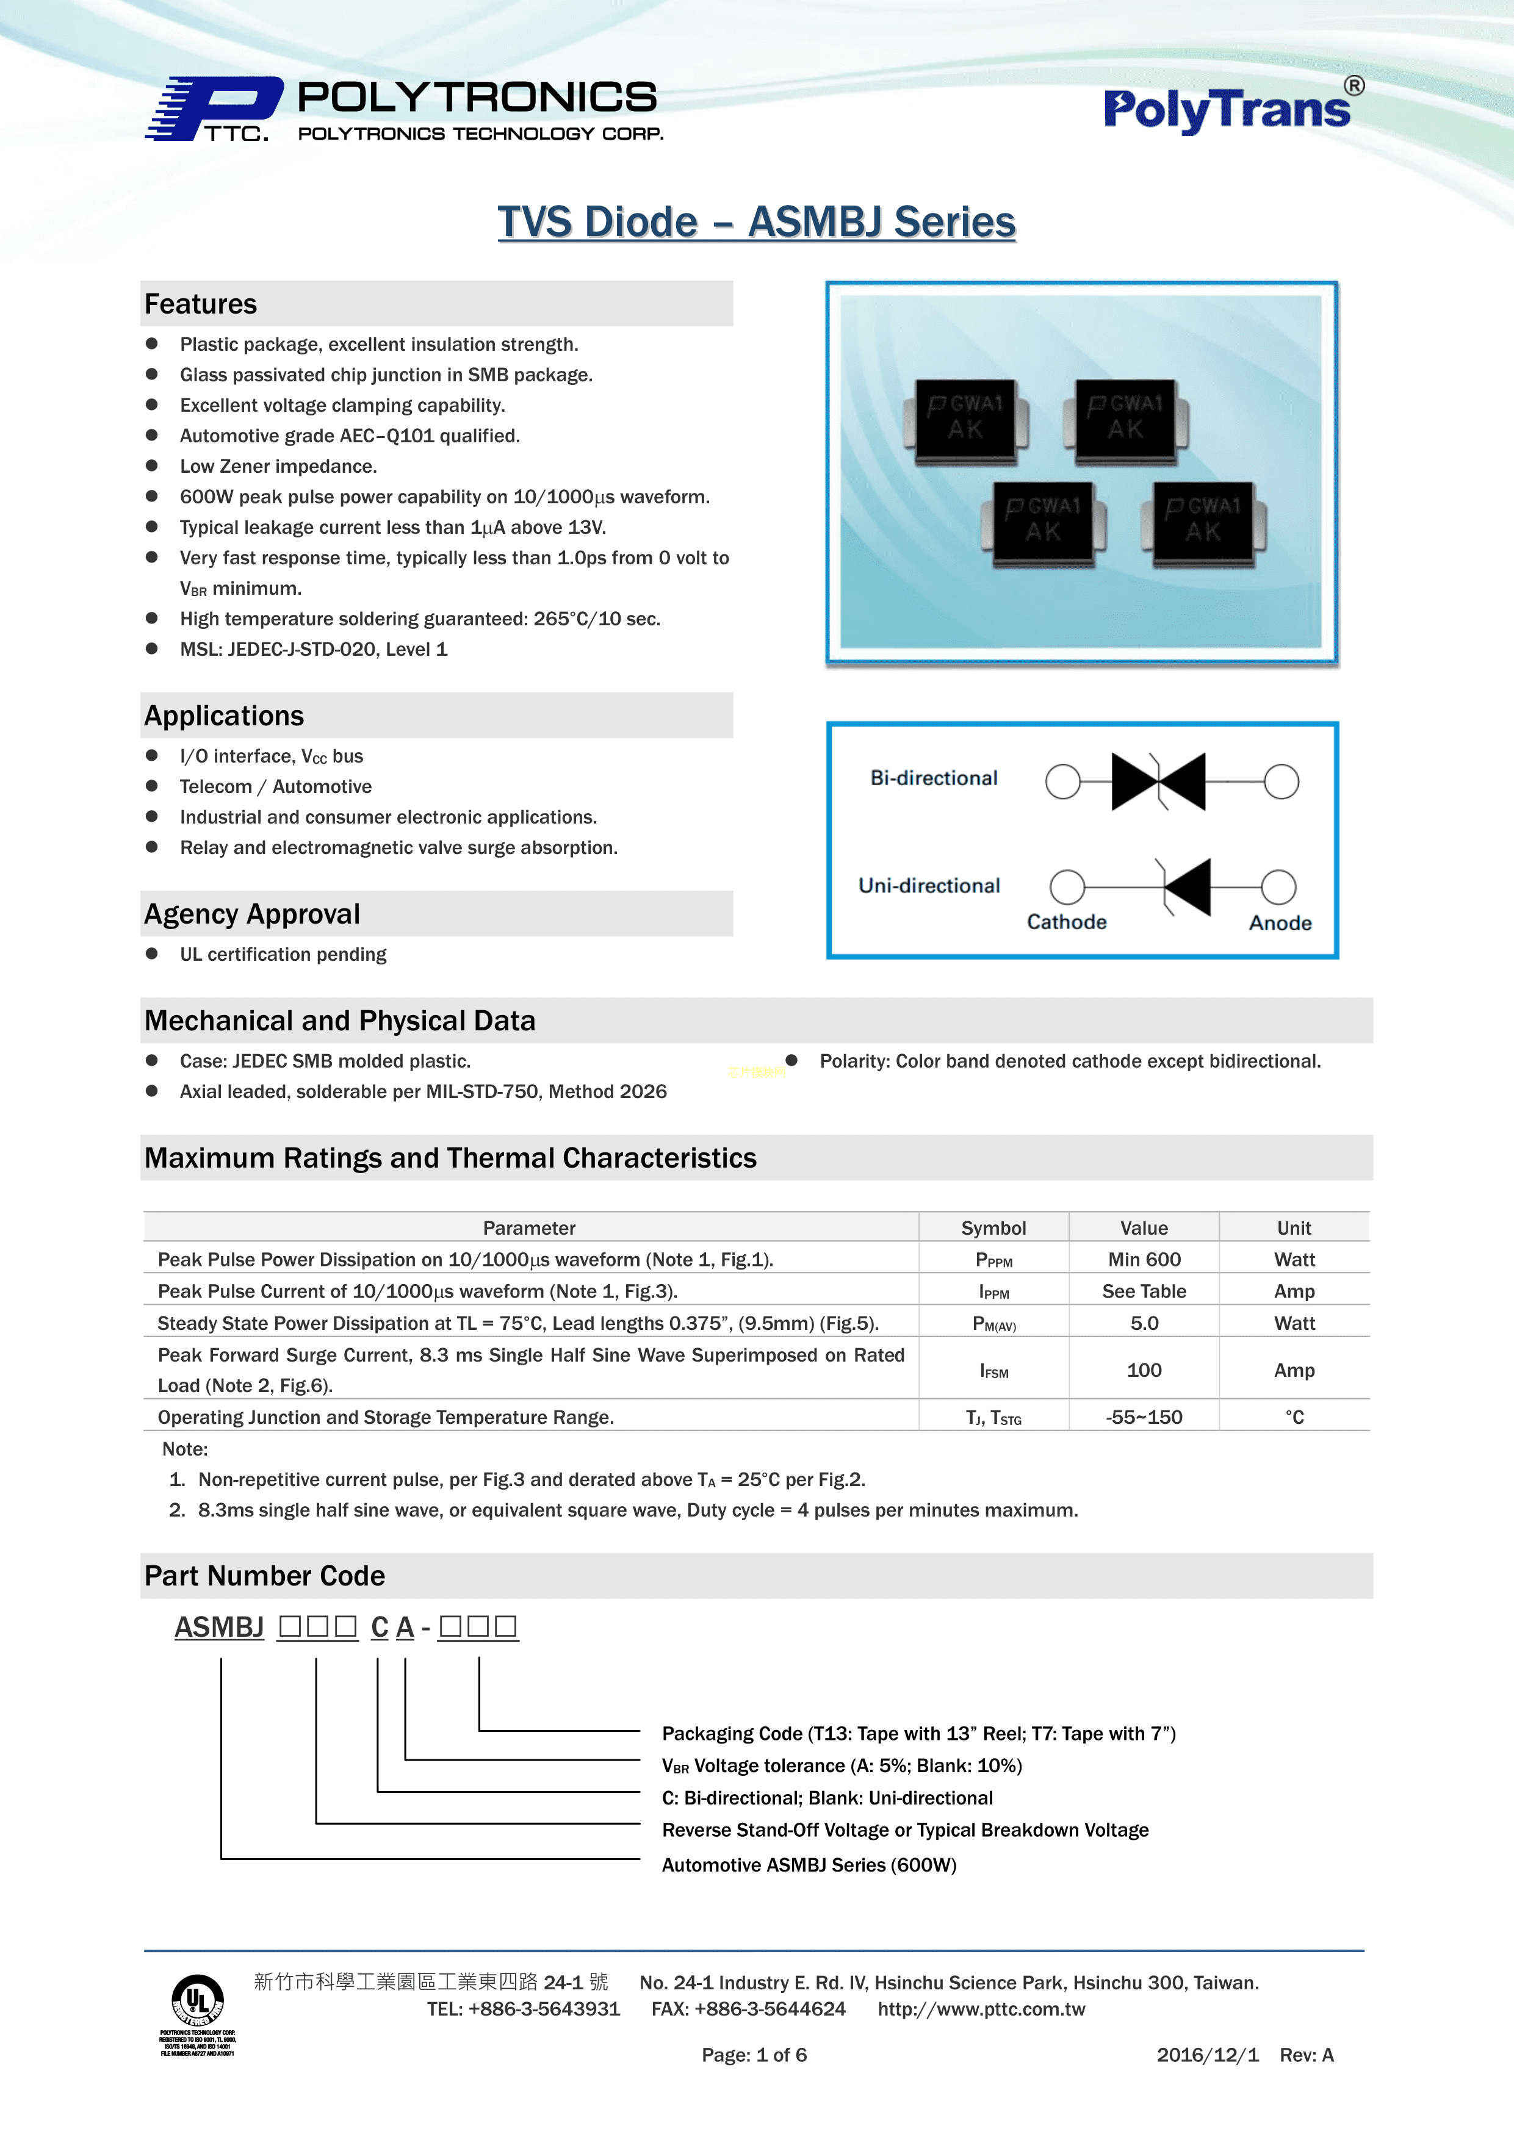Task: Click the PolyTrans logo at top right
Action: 1233,108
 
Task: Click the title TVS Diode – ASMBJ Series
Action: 756,222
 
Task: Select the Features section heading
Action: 200,304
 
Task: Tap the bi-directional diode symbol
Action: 1158,781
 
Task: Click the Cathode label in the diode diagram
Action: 1067,922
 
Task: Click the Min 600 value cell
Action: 1144,1259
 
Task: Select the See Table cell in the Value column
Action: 1144,1291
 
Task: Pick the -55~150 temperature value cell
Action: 1144,1416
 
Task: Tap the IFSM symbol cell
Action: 994,1370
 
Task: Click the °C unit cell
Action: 1294,1416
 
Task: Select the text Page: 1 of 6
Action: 754,2054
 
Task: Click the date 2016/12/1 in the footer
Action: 1207,2054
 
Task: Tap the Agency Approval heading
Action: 251,913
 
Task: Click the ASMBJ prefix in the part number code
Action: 219,1626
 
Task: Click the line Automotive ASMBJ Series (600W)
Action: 809,1864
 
